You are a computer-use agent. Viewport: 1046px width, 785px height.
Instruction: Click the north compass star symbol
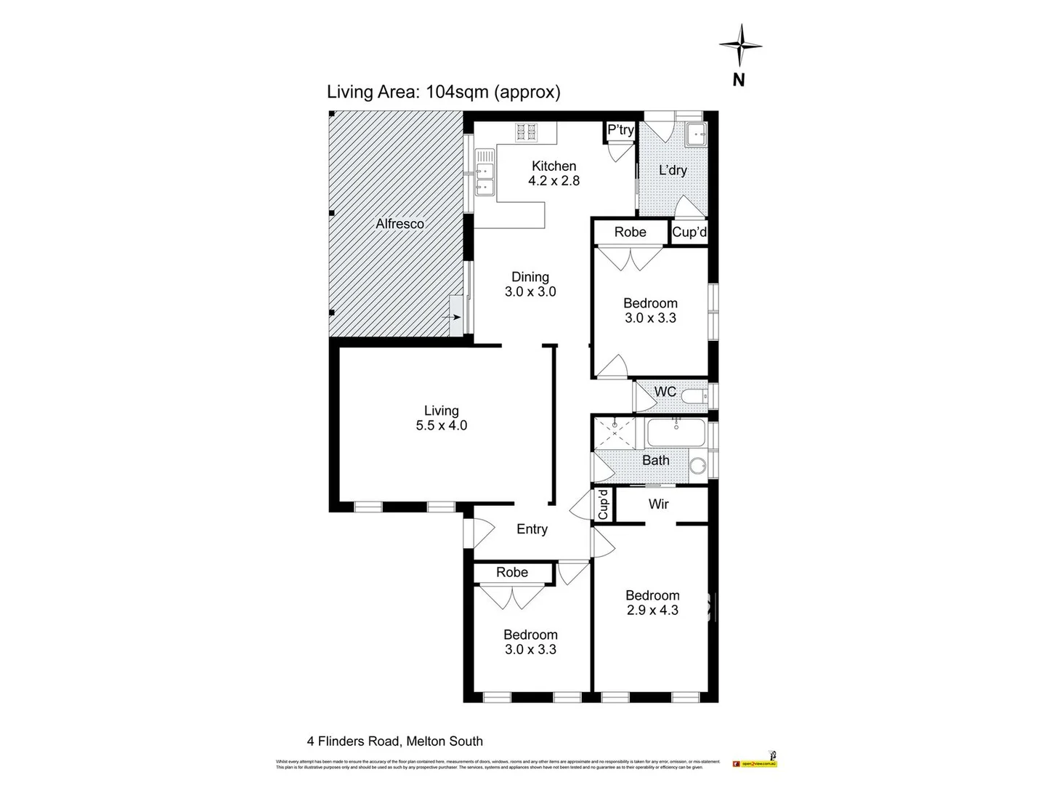point(740,45)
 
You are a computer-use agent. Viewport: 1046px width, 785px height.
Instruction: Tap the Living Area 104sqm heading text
point(444,92)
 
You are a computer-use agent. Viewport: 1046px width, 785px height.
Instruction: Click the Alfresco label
point(400,224)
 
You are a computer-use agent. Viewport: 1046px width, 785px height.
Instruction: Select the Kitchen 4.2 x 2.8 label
point(554,173)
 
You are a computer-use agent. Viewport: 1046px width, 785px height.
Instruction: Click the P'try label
point(620,130)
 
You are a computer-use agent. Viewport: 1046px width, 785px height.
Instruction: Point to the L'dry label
point(673,170)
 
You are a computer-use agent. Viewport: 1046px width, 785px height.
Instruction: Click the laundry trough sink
point(697,134)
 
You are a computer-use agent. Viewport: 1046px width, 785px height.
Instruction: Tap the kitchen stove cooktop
point(527,132)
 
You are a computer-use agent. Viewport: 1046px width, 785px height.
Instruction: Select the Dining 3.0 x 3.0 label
point(530,284)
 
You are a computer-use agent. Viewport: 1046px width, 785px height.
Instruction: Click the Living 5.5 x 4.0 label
point(442,418)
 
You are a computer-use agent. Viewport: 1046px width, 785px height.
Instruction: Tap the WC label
point(665,392)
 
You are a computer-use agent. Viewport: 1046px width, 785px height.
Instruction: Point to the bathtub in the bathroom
point(676,433)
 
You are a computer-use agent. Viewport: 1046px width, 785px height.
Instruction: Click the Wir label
point(658,504)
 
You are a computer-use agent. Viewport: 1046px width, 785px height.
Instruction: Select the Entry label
point(532,529)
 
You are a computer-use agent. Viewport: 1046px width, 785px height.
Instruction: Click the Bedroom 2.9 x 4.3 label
point(652,603)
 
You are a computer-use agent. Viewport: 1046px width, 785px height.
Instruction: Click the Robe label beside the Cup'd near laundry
point(630,232)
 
